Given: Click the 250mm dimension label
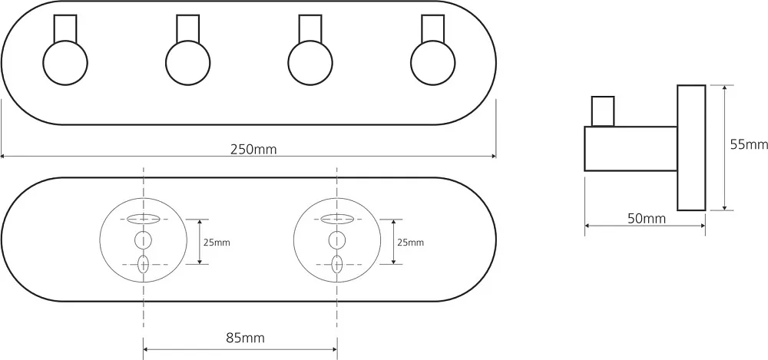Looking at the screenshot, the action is click(x=253, y=150).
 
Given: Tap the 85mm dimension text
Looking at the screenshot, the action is click(x=246, y=338).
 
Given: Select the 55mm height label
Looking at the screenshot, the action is click(x=748, y=144).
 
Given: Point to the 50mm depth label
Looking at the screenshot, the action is click(x=647, y=219).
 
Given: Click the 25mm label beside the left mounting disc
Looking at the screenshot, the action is click(x=217, y=242).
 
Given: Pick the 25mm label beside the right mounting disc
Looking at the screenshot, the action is click(x=410, y=242).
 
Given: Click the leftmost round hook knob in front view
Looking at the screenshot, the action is click(x=65, y=63).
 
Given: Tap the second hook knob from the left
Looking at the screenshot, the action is click(x=187, y=63).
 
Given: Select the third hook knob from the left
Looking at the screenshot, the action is click(x=310, y=63).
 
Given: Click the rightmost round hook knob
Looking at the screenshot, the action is click(x=432, y=63).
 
